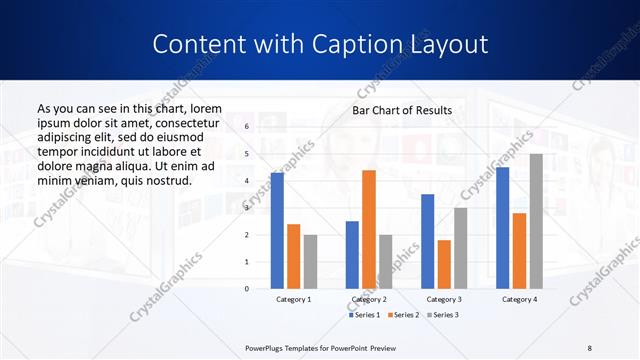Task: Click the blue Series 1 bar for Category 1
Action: [x=277, y=231]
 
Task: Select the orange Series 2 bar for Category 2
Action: [x=369, y=229]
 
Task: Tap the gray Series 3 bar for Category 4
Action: [x=536, y=221]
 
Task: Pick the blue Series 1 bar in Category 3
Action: [x=427, y=241]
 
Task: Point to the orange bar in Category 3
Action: [x=444, y=264]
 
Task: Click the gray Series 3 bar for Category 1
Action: [x=310, y=261]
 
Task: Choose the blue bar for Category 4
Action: [x=502, y=227]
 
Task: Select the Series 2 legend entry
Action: [x=403, y=315]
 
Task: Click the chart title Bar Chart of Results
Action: [x=402, y=110]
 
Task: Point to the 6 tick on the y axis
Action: [x=246, y=127]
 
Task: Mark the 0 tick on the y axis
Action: [x=246, y=288]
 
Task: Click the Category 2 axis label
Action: [x=369, y=299]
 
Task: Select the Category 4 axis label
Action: [x=519, y=299]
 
